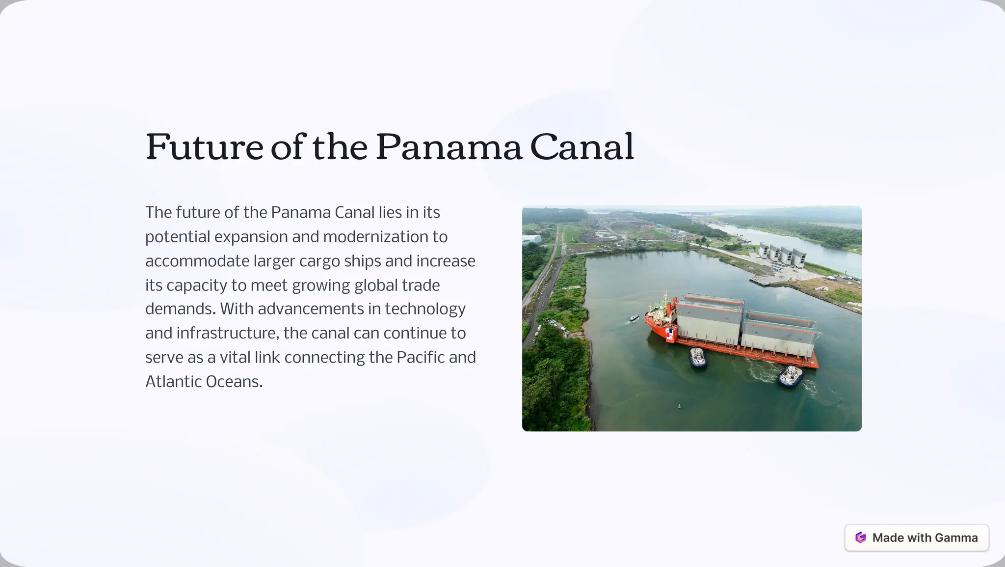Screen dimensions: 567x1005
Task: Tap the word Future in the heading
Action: coord(204,147)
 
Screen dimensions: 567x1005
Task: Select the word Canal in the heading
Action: coord(582,147)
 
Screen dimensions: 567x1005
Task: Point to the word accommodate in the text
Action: coord(197,261)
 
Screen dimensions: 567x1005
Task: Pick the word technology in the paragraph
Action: coord(425,309)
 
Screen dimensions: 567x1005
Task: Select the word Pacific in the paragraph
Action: coord(420,357)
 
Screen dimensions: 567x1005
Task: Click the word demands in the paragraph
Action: coord(180,309)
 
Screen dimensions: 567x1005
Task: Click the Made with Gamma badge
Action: coord(916,538)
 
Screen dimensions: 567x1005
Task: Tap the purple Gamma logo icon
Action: coord(860,538)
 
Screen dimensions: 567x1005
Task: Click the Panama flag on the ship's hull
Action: coord(670,335)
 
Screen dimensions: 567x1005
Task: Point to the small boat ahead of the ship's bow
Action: coord(634,318)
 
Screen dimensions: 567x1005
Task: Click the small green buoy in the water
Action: coord(680,406)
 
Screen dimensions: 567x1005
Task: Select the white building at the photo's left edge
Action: coord(531,239)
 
